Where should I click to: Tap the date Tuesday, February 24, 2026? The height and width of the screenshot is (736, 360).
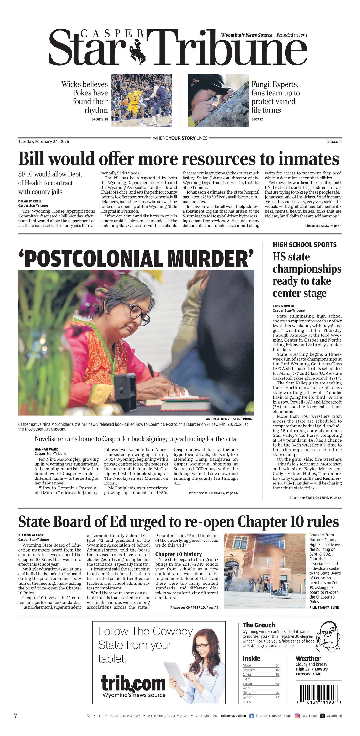pos(43,142)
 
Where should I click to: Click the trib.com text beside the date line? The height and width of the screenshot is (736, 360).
pos(334,142)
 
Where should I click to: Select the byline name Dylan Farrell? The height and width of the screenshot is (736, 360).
pos(30,201)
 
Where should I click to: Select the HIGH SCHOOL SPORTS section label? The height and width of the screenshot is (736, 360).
pos(304,245)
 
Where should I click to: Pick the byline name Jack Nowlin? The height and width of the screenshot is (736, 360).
pos(283,306)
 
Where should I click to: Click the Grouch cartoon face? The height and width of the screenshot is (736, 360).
pos(329,636)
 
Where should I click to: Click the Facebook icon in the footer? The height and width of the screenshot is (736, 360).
pos(252,716)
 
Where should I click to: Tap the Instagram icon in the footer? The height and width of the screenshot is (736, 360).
pos(297,716)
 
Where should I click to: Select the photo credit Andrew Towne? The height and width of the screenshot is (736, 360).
pos(219,419)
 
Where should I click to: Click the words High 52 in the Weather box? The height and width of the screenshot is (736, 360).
pos(302,669)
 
